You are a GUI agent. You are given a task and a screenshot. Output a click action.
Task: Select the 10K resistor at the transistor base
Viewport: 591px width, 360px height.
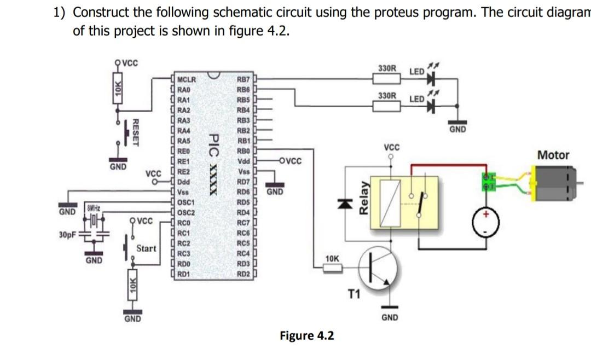(332, 267)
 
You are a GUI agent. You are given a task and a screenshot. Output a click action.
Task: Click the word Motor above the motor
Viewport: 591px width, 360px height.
(553, 155)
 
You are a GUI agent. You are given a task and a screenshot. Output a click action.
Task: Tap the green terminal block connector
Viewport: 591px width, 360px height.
(486, 182)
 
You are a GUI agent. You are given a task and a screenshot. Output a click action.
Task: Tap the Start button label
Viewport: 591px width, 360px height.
(146, 248)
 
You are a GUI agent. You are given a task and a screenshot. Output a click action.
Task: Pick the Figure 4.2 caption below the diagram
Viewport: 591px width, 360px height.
(306, 335)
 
